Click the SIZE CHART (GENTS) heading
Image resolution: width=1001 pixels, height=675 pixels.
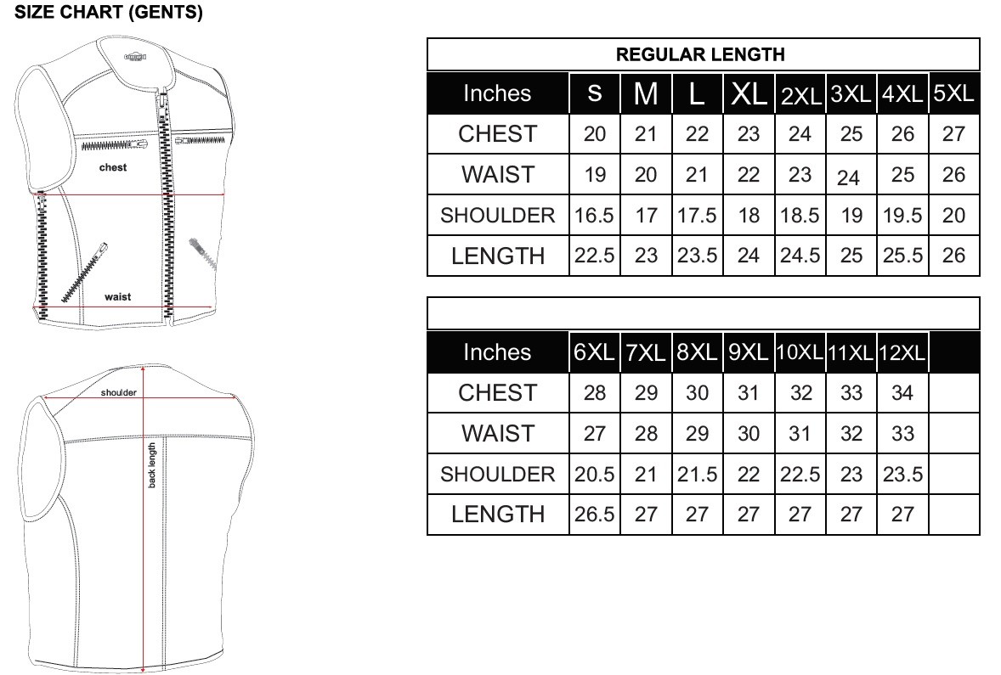tap(109, 12)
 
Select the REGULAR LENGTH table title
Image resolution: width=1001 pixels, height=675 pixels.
tap(700, 54)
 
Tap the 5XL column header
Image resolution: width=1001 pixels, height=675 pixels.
tap(953, 93)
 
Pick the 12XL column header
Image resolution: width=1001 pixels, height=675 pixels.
tap(902, 352)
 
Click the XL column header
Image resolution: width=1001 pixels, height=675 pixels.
tap(748, 93)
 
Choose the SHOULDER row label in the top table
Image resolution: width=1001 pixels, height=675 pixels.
tap(497, 216)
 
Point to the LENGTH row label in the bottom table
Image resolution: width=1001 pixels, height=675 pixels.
tap(497, 515)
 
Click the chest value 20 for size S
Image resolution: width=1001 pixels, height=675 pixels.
tap(594, 134)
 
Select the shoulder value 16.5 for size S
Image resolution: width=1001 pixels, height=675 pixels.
tap(594, 216)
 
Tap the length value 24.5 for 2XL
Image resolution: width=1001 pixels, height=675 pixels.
tap(800, 256)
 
